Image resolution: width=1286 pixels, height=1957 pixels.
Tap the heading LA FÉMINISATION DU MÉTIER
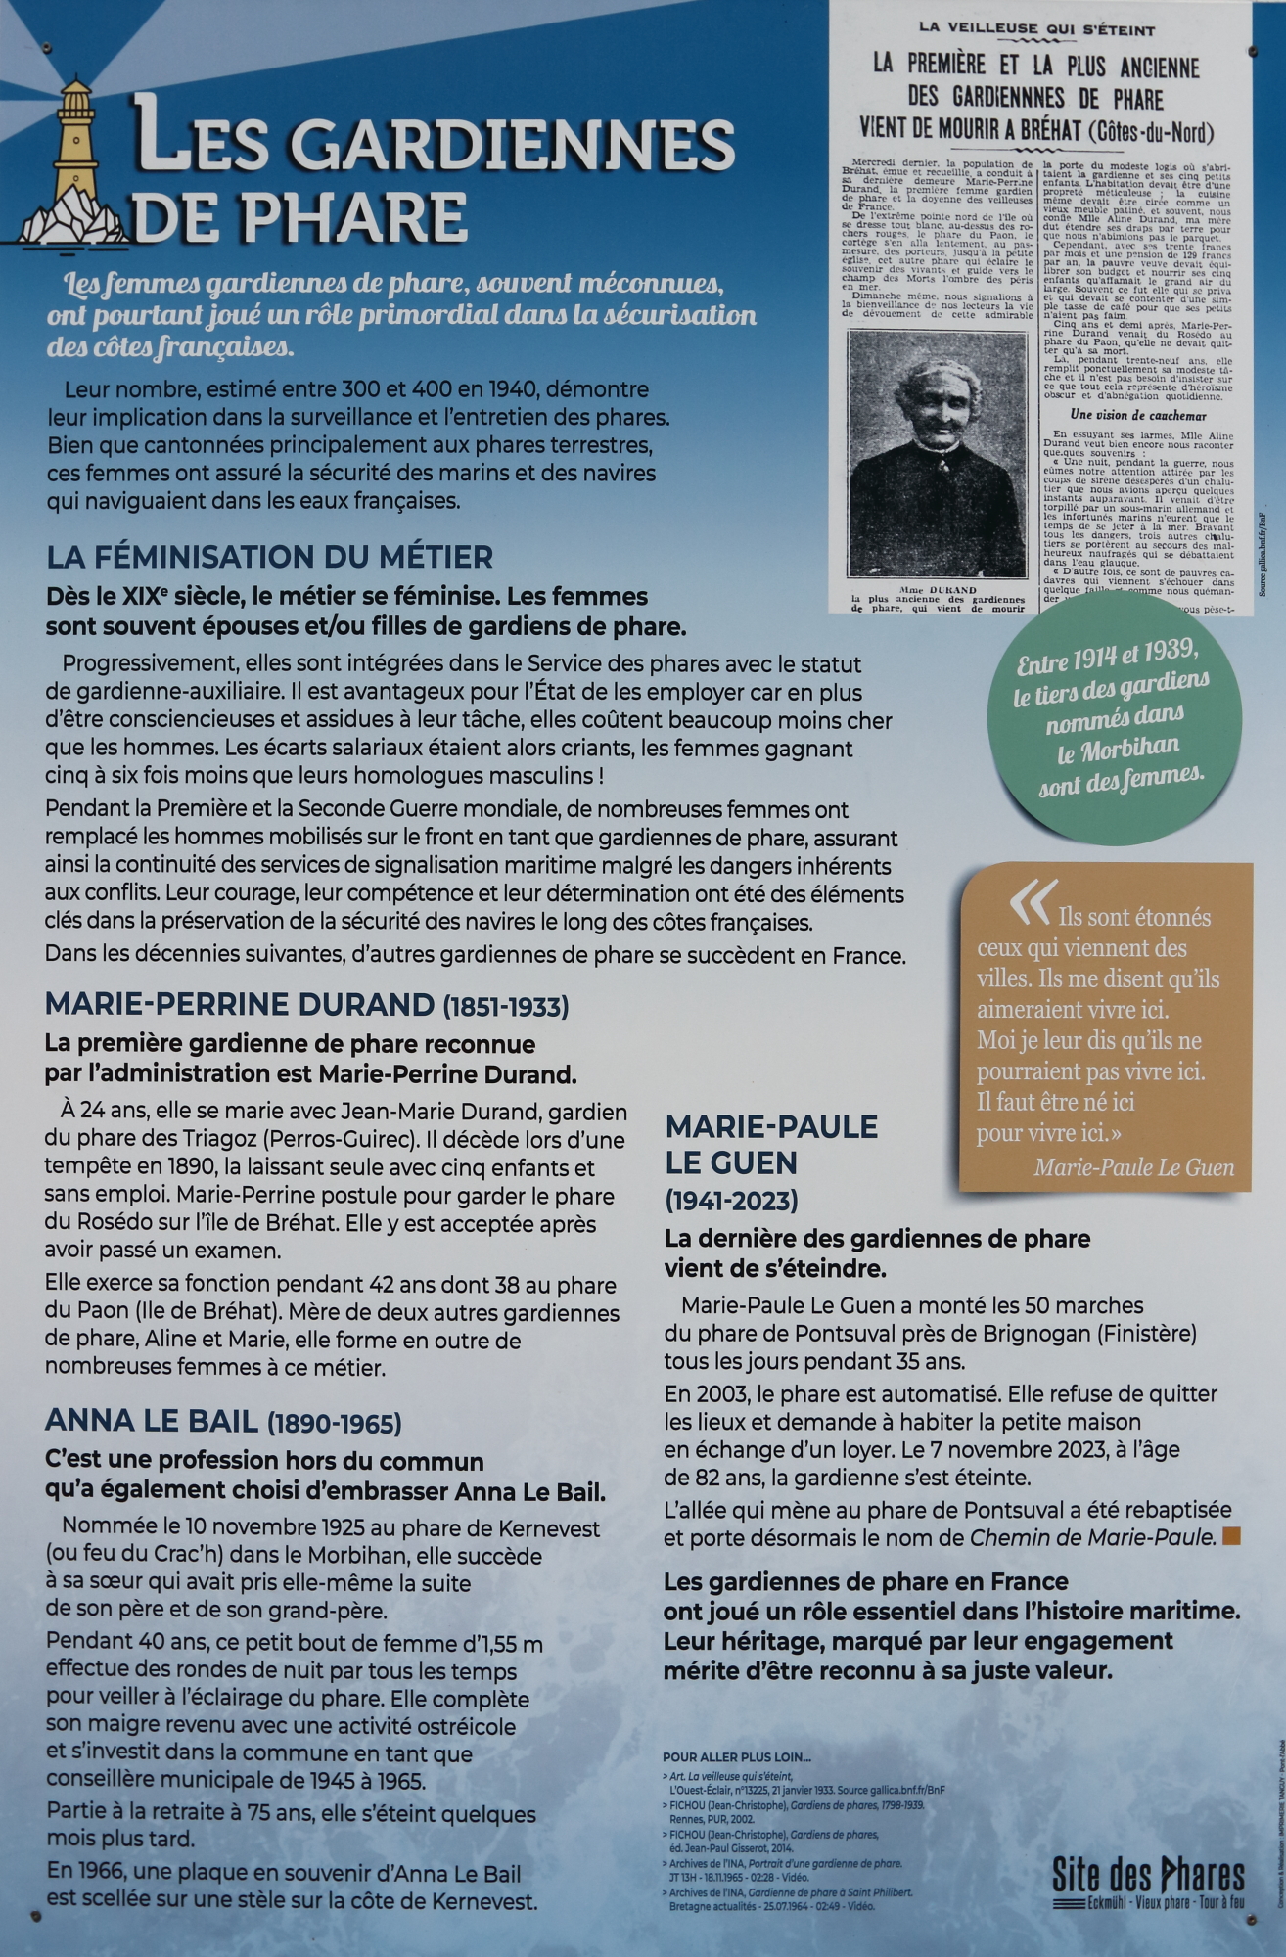[x=269, y=558]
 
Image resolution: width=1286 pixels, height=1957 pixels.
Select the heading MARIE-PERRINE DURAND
[x=239, y=1004]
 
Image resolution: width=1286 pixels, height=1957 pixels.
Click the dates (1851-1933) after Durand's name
[x=505, y=1006]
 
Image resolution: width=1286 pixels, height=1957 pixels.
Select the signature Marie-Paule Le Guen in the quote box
[x=1133, y=1167]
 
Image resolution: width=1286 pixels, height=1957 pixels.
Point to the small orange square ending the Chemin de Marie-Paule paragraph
[x=1231, y=1537]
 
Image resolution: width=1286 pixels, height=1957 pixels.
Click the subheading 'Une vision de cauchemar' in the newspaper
[x=1135, y=415]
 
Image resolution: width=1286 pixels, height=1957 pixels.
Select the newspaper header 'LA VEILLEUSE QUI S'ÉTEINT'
[x=1036, y=30]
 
